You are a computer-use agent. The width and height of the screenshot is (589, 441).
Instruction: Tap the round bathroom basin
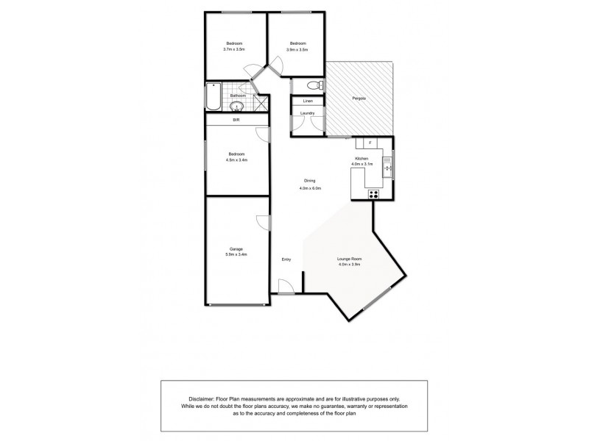(234, 106)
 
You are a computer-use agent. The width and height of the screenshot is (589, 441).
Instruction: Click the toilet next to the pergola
(310, 85)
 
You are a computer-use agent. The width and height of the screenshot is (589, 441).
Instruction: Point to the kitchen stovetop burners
(374, 194)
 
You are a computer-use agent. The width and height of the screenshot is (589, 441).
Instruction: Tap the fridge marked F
(370, 142)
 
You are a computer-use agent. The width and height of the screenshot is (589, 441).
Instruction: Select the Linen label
(308, 101)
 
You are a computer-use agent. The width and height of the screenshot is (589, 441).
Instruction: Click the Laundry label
(308, 113)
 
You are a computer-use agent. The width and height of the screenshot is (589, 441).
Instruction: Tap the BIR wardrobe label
(236, 120)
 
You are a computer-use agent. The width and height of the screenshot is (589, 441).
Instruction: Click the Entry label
(286, 259)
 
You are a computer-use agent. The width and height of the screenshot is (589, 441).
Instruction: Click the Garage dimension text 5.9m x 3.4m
(236, 254)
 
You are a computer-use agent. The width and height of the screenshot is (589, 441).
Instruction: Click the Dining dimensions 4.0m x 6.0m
(309, 189)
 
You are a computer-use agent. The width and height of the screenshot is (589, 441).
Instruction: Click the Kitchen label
(361, 159)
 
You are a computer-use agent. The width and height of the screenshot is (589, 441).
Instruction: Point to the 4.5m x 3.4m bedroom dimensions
(236, 159)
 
